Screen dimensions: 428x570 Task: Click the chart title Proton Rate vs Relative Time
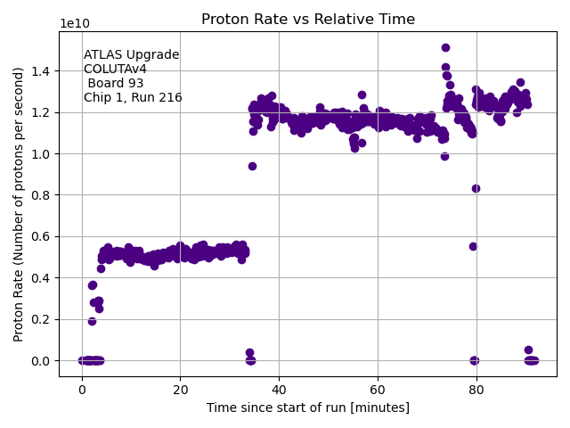pyautogui.click(x=308, y=20)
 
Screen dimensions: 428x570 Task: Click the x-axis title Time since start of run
pyautogui.click(x=308, y=407)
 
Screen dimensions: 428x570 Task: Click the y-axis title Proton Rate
pyautogui.click(x=19, y=204)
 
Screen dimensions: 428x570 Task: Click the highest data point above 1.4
pyautogui.click(x=445, y=47)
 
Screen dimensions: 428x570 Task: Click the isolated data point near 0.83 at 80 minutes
pyautogui.click(x=476, y=188)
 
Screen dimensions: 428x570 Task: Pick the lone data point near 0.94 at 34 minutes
pyautogui.click(x=252, y=166)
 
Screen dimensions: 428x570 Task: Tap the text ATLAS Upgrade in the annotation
pyautogui.click(x=131, y=55)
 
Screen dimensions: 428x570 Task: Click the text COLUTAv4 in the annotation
pyautogui.click(x=115, y=70)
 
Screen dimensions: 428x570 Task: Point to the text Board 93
pyautogui.click(x=115, y=84)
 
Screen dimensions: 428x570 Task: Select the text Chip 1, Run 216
pyautogui.click(x=133, y=98)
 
